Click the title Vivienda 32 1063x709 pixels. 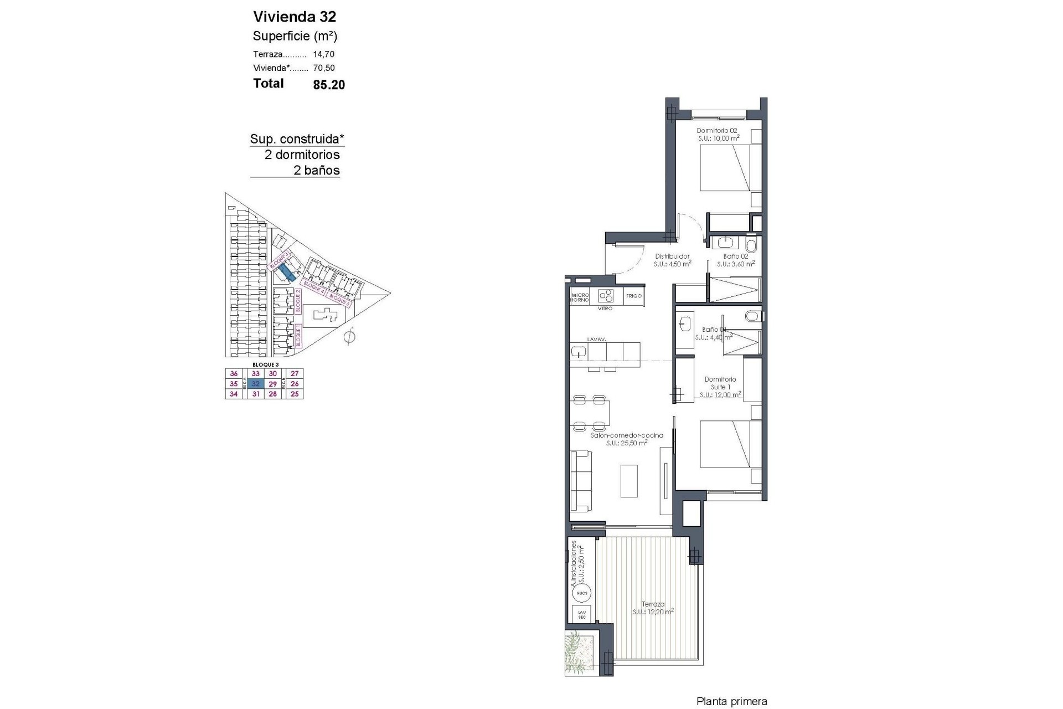click(x=295, y=17)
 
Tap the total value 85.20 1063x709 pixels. click(x=329, y=85)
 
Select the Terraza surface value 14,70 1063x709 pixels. click(x=324, y=54)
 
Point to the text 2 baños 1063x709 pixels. click(x=317, y=171)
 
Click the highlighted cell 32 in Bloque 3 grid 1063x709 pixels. click(x=256, y=384)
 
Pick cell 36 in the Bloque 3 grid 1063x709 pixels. click(x=234, y=374)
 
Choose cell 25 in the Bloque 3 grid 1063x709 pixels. click(x=295, y=394)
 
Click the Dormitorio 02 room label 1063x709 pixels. click(x=717, y=131)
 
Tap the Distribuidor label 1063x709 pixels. click(x=672, y=256)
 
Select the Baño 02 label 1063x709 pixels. click(x=736, y=256)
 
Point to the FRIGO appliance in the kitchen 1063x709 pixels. click(x=634, y=296)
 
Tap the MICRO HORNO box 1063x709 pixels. click(x=580, y=297)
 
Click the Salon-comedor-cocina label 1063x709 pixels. click(x=627, y=435)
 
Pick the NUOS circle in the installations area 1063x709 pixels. click(x=581, y=593)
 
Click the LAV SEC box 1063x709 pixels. click(x=581, y=614)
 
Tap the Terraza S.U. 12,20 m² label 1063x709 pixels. click(x=653, y=608)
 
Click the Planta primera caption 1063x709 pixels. click(x=731, y=702)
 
